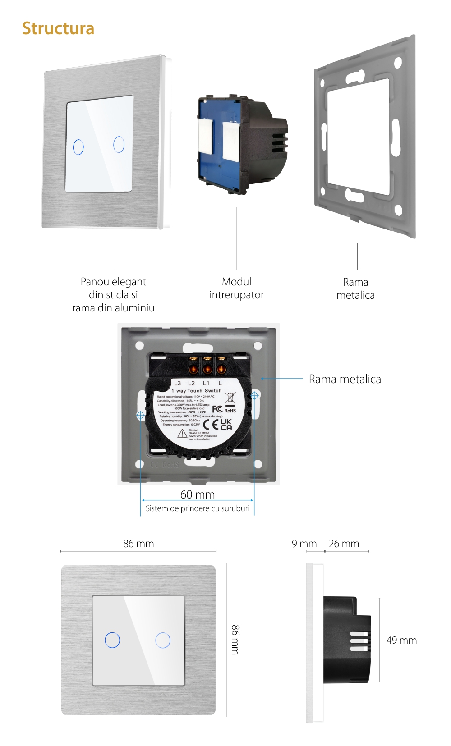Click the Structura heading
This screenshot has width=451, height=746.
pyautogui.click(x=58, y=28)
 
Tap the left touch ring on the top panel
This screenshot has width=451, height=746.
pyautogui.click(x=78, y=147)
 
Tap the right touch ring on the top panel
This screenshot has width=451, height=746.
pyautogui.click(x=119, y=144)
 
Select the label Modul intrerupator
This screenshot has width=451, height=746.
pyautogui.click(x=236, y=288)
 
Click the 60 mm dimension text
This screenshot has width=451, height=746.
pyautogui.click(x=198, y=494)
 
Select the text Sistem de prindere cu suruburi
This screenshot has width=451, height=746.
pyautogui.click(x=198, y=508)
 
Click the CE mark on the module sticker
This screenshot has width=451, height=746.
pyautogui.click(x=210, y=425)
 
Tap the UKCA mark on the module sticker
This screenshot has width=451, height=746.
pyautogui.click(x=226, y=424)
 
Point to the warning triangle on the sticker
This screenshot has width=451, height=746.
pyautogui.click(x=182, y=434)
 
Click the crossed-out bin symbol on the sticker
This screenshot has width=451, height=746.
pyautogui.click(x=230, y=398)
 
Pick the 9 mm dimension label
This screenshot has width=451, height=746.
pyautogui.click(x=304, y=544)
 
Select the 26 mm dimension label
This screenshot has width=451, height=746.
pyautogui.click(x=344, y=544)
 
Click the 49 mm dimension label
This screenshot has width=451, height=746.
pyautogui.click(x=401, y=640)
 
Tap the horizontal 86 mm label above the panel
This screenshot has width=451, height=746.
pyautogui.click(x=138, y=544)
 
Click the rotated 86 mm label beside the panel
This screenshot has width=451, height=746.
pyautogui.click(x=235, y=640)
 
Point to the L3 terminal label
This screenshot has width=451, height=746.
pyautogui.click(x=178, y=383)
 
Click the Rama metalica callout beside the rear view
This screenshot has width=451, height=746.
pyautogui.click(x=345, y=379)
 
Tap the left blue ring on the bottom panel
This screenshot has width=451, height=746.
pyautogui.click(x=112, y=640)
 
